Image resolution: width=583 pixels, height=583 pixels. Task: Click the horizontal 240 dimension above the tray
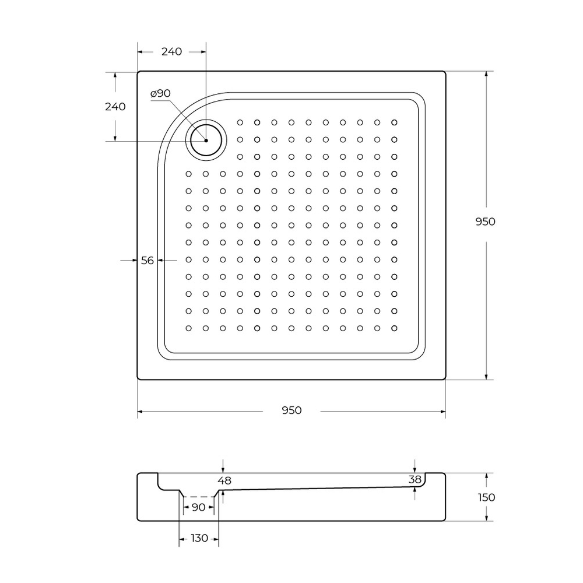pos(171,51)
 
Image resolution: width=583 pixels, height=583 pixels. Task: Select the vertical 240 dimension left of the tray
pos(115,107)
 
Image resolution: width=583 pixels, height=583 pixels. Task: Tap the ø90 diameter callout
pos(160,93)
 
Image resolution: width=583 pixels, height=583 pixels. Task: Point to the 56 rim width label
pos(147,261)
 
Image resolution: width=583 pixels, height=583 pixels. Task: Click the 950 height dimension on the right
pos(485,222)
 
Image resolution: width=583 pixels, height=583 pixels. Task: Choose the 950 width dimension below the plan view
pos(291,410)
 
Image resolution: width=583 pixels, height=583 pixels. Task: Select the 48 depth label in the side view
pos(224,481)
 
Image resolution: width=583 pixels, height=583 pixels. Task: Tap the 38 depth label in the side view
pos(415,479)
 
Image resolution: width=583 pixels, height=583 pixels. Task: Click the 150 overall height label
pos(485,497)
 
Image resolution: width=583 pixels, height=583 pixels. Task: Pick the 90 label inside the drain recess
pos(198,507)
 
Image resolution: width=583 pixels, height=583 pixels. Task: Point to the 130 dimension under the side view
pos(199,538)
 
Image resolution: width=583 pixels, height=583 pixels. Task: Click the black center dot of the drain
pos(206,141)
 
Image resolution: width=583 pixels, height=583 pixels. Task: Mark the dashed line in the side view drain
pos(199,497)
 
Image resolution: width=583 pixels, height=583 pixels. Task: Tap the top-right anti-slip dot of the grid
pos(395,122)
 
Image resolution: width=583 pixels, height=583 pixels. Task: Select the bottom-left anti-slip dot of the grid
pos(188,328)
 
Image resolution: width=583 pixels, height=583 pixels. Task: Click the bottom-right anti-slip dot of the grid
pos(395,328)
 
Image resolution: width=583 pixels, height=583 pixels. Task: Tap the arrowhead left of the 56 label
pos(135,261)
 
